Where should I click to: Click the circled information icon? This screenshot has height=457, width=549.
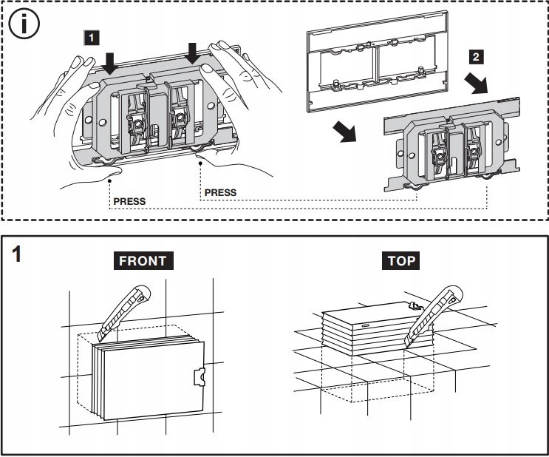pos(25,25)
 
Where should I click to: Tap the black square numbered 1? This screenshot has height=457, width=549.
pos(89,35)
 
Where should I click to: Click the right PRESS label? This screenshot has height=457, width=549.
pos(220,192)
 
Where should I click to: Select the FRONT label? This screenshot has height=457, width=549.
pos(145,260)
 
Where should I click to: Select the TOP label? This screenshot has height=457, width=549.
pos(401,260)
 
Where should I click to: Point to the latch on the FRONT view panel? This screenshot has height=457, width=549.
pos(197,376)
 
